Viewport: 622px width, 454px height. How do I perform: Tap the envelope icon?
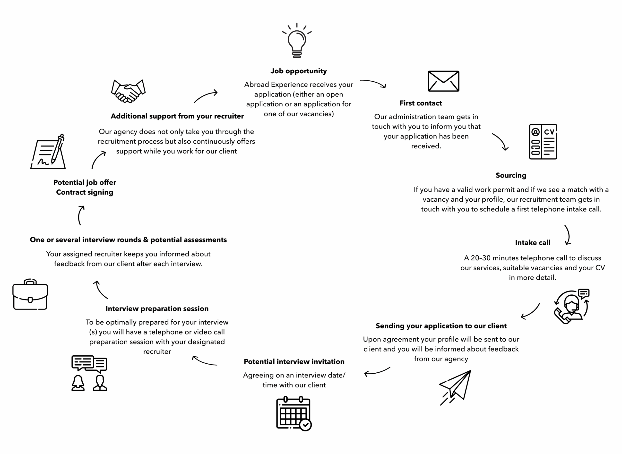tap(443, 81)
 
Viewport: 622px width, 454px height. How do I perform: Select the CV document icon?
tap(543, 142)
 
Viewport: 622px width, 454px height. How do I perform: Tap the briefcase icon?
tap(30, 295)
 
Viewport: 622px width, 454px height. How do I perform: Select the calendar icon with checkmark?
tap(294, 413)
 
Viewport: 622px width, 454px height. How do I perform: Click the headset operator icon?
tap(571, 306)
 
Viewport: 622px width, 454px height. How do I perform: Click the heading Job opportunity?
tap(299, 71)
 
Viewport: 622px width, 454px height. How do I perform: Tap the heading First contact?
tap(420, 103)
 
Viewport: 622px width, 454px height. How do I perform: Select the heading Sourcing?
tap(511, 175)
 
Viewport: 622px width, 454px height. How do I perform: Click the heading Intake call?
tap(532, 243)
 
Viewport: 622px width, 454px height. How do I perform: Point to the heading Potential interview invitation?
tap(294, 362)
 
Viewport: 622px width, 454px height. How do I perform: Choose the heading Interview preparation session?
tap(157, 309)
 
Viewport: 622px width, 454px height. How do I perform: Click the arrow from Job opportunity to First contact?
tap(373, 83)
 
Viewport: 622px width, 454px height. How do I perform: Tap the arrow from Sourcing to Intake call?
tap(568, 235)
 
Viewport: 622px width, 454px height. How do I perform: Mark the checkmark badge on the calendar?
tap(305, 425)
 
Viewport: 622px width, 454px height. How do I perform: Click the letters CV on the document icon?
tap(549, 132)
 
